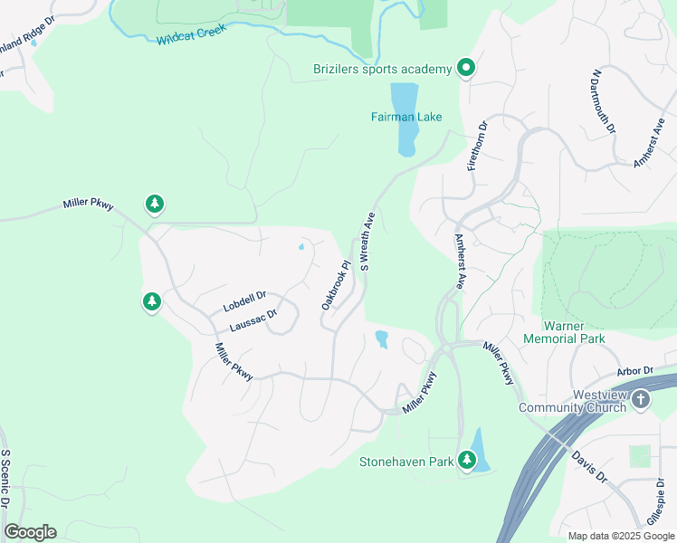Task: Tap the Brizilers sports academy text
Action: (382, 69)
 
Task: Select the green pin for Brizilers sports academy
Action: (466, 68)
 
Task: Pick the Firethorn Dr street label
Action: (477, 146)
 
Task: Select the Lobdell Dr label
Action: (244, 302)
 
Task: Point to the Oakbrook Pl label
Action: (335, 286)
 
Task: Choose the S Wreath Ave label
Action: (367, 242)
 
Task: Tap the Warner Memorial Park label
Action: (563, 331)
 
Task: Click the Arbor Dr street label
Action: (634, 371)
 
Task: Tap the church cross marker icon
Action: (640, 399)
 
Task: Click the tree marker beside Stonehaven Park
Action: (467, 460)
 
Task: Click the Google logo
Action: (30, 532)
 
